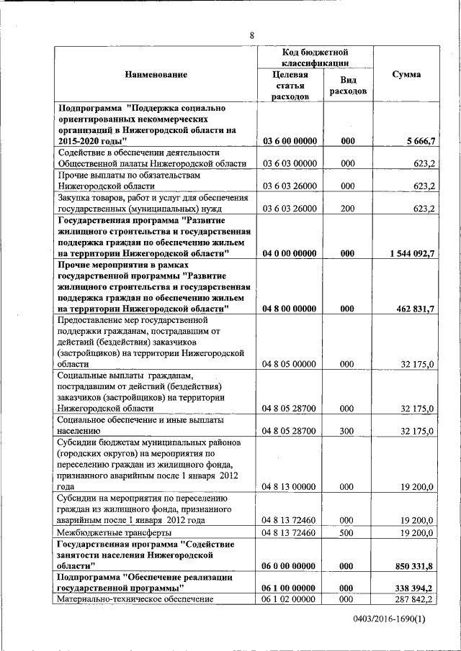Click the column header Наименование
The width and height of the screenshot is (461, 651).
[156, 75]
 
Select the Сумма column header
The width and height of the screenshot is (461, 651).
[406, 75]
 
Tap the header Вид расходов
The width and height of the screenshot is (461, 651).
[348, 86]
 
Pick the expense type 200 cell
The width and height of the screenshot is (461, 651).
[348, 209]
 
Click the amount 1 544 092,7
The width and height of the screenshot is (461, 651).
[409, 253]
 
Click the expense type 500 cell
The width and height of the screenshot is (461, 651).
[348, 532]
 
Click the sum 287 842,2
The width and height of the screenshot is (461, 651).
[413, 598]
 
